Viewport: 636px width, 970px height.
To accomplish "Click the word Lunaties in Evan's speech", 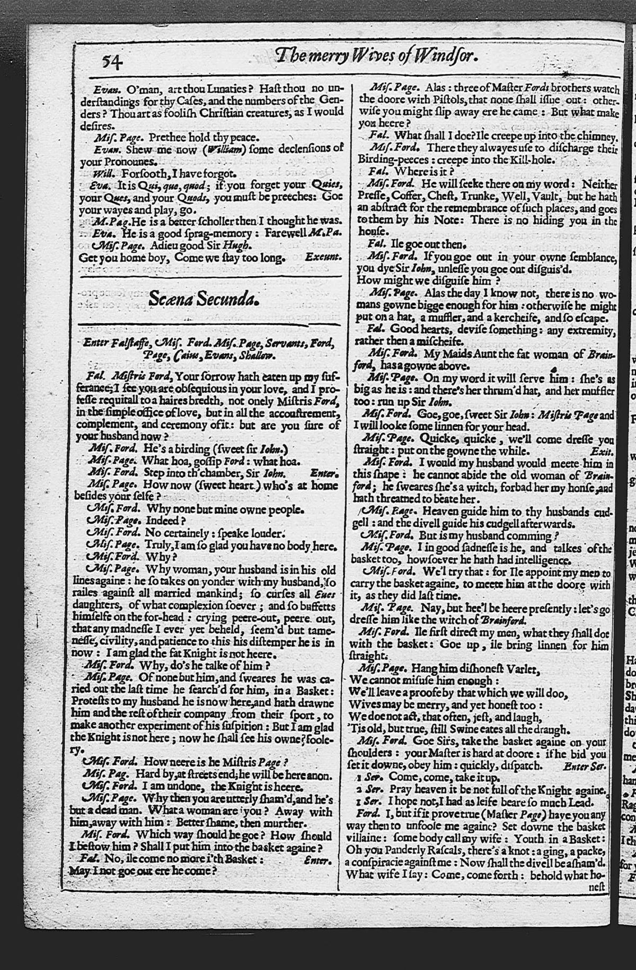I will coord(224,87).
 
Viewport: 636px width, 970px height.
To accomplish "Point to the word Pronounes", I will coord(125,161).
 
